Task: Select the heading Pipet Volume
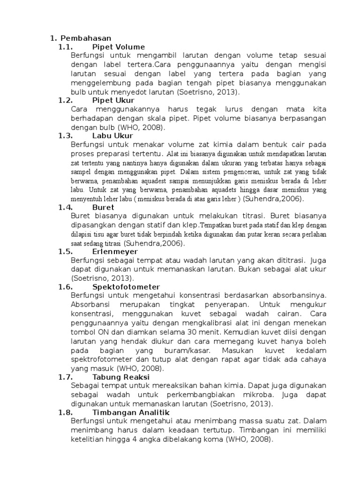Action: click(x=119, y=47)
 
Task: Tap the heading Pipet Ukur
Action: click(x=113, y=100)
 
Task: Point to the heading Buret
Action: click(x=104, y=207)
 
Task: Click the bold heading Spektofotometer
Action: click(x=126, y=287)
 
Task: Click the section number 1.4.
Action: click(x=65, y=207)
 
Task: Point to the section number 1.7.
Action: click(x=65, y=376)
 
